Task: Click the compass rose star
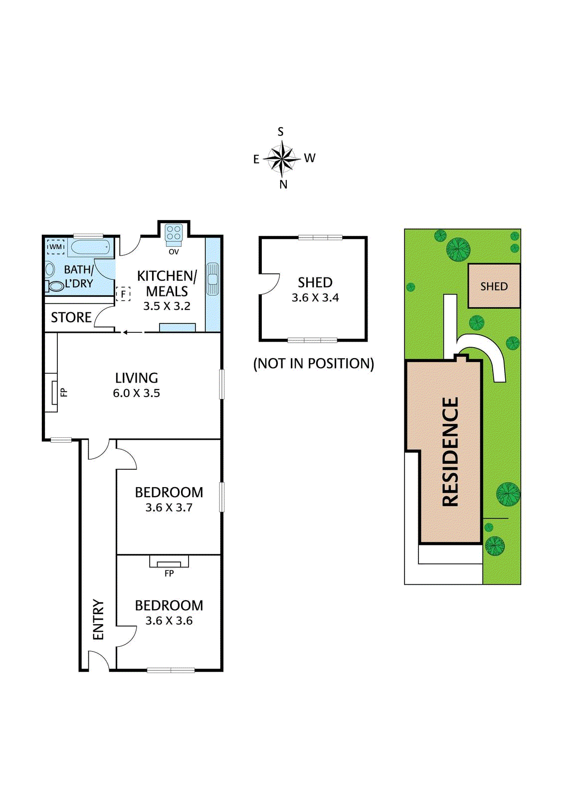[x=282, y=159]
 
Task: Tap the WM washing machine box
[x=55, y=247]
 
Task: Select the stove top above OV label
[x=174, y=233]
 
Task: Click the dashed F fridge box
[x=123, y=294]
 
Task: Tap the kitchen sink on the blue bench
[x=213, y=278]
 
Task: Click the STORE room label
[x=71, y=317]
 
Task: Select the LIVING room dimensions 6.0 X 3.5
[x=136, y=393]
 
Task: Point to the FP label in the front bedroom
[x=169, y=573]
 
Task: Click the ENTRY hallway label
[x=98, y=620]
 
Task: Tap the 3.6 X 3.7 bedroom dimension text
[x=169, y=508]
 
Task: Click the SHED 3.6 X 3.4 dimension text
[x=315, y=298]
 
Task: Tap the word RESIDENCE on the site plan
[x=450, y=452]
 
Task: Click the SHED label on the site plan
[x=494, y=286]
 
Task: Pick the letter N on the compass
[x=283, y=184]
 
